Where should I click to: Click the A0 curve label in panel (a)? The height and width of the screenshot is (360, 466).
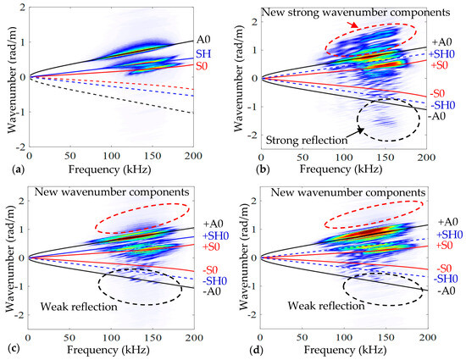click(202, 39)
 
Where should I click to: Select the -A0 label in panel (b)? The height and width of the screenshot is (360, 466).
click(439, 116)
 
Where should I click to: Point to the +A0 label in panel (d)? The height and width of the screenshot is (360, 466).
click(441, 222)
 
